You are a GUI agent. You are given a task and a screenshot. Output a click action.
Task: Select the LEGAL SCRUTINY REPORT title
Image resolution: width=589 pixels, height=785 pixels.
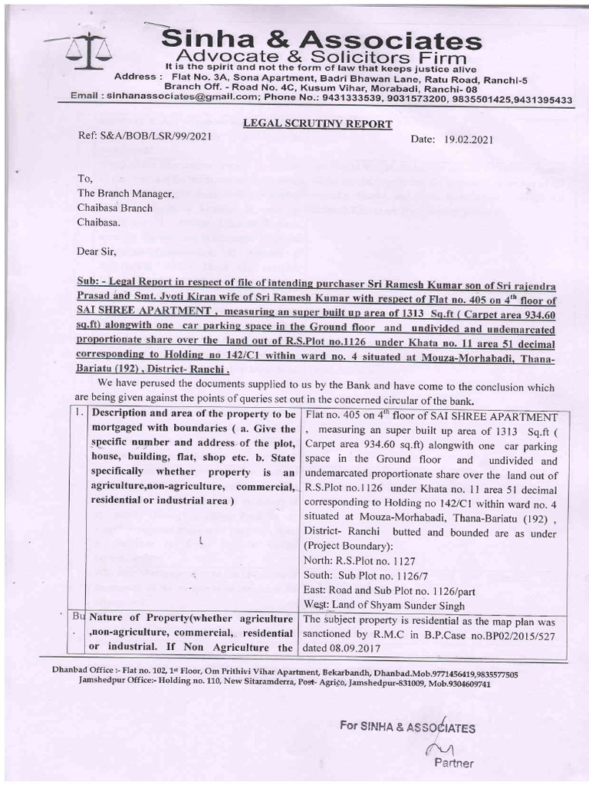pyautogui.click(x=318, y=123)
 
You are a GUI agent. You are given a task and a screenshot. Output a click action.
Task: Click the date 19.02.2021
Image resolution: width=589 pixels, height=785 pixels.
pyautogui.click(x=467, y=140)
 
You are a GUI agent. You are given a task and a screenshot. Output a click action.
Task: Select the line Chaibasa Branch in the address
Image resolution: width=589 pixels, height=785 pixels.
pyautogui.click(x=114, y=207)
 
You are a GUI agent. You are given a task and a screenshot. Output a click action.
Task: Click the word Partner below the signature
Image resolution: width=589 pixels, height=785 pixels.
pyautogui.click(x=454, y=763)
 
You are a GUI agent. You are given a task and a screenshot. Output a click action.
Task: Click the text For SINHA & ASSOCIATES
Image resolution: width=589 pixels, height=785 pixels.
pyautogui.click(x=408, y=727)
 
